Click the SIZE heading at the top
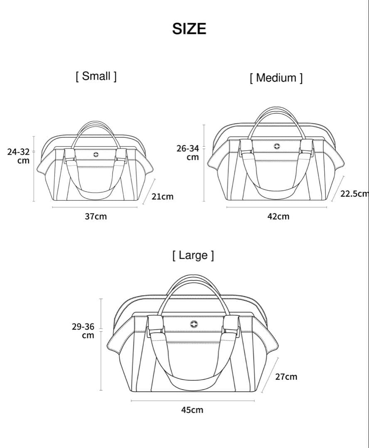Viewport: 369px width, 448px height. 189,29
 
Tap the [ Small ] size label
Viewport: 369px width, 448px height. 96,76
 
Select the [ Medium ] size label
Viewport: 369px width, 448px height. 276,78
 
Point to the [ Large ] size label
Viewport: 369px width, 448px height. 193,255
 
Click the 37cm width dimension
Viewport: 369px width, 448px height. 96,216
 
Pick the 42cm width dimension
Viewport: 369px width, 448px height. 278,216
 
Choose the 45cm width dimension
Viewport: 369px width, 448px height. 192,410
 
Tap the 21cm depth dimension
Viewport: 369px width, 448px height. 162,197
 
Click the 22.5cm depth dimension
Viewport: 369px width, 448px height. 354,194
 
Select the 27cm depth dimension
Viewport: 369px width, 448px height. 286,377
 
